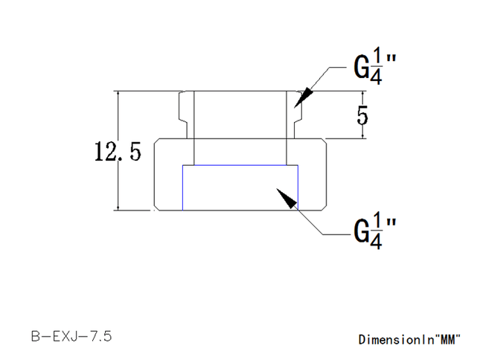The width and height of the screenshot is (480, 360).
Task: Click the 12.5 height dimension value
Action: coord(118,151)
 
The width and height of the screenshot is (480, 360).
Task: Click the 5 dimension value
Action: coord(362,115)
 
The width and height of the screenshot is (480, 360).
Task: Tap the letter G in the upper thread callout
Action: coord(361,67)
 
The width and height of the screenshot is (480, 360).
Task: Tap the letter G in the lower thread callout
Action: coord(361,231)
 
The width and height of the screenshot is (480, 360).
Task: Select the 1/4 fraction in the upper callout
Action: coord(377,65)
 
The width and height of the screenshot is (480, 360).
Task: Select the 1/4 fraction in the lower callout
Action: coord(377,231)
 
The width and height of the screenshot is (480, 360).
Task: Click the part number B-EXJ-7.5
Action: coord(71,336)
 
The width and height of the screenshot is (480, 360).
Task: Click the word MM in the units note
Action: coord(450,339)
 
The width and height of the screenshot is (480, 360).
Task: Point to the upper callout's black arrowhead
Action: coord(303,97)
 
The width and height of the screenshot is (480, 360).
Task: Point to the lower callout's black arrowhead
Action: coord(287,199)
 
